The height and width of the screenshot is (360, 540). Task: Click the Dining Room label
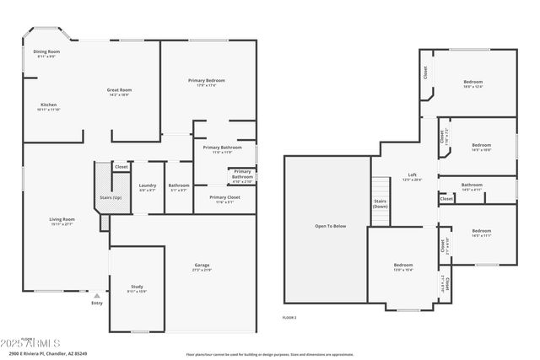(46, 53)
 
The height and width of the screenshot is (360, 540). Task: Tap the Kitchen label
(49, 106)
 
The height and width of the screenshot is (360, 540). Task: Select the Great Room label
(118, 91)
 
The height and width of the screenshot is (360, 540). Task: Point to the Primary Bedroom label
(207, 82)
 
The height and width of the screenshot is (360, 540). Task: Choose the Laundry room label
(147, 186)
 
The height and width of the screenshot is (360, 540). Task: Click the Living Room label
(62, 221)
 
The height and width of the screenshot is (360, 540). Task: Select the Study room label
(137, 287)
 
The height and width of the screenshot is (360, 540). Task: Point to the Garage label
(202, 266)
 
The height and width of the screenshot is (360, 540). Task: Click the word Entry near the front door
(97, 304)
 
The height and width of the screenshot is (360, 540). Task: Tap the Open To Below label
(330, 226)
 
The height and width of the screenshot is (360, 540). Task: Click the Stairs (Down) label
(380, 203)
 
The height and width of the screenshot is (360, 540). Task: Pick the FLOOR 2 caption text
(289, 317)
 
